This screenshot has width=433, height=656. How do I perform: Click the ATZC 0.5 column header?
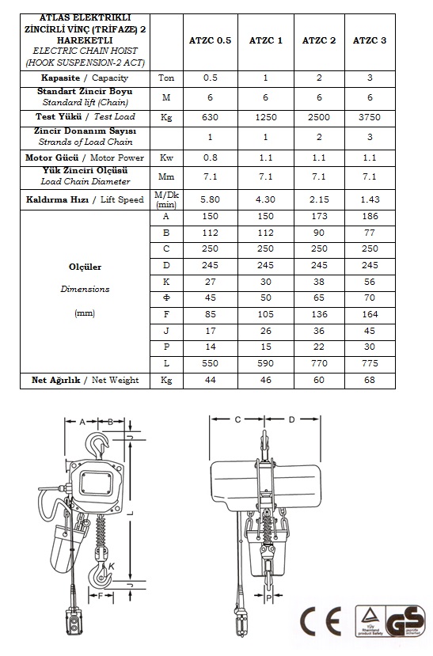tap(210, 40)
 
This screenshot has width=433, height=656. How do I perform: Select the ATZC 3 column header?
tap(370, 40)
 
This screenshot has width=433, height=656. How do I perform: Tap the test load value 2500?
tap(319, 117)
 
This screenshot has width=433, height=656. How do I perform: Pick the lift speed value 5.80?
tap(210, 199)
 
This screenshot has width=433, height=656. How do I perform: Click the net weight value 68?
tap(370, 380)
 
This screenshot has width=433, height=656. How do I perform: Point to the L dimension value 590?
tap(266, 363)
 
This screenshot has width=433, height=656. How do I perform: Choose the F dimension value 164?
tap(370, 314)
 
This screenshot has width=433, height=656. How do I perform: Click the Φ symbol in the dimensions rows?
tap(166, 298)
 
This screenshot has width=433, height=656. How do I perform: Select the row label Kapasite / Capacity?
tap(85, 78)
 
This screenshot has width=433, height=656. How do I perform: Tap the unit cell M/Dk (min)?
tap(166, 199)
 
